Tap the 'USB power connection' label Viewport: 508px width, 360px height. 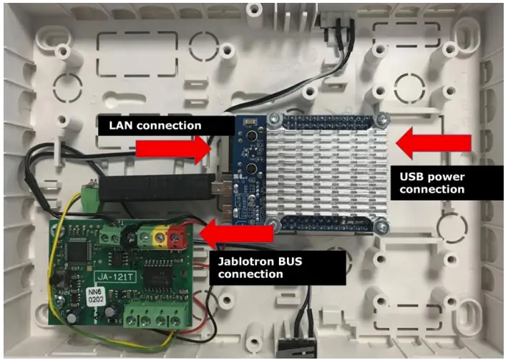tap(431, 182)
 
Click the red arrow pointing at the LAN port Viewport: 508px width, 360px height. tap(172, 148)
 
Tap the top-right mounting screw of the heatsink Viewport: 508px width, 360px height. tap(385, 120)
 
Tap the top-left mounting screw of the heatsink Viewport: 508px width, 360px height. tap(273, 120)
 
